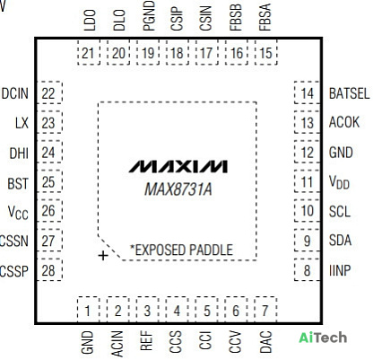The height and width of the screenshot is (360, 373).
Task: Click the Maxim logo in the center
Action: click(178, 166)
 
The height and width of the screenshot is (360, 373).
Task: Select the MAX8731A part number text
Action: click(178, 189)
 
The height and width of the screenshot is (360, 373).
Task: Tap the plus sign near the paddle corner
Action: click(103, 256)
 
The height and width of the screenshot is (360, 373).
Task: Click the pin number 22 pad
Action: click(49, 92)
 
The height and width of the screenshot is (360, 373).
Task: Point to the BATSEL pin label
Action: click(349, 93)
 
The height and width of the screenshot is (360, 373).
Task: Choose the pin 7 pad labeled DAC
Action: click(265, 310)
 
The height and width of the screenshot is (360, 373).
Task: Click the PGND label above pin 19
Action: click(149, 16)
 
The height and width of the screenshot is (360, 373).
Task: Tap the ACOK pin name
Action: click(344, 122)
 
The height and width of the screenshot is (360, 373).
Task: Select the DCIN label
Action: click(15, 93)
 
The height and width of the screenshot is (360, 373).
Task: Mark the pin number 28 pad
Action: click(49, 269)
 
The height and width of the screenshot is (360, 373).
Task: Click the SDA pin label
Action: click(340, 241)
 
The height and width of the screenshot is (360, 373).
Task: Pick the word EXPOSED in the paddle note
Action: click(158, 250)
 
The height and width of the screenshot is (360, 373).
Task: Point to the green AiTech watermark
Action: click(323, 338)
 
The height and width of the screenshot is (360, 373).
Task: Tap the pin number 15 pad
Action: click(265, 53)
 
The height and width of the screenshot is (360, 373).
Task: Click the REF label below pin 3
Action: click(146, 340)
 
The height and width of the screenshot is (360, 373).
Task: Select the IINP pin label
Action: click(340, 270)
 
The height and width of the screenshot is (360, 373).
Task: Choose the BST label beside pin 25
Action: click(18, 184)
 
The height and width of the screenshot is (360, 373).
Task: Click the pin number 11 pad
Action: click(307, 181)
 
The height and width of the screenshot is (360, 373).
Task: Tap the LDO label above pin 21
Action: click(90, 20)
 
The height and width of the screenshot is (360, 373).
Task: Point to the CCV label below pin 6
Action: click(235, 342)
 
